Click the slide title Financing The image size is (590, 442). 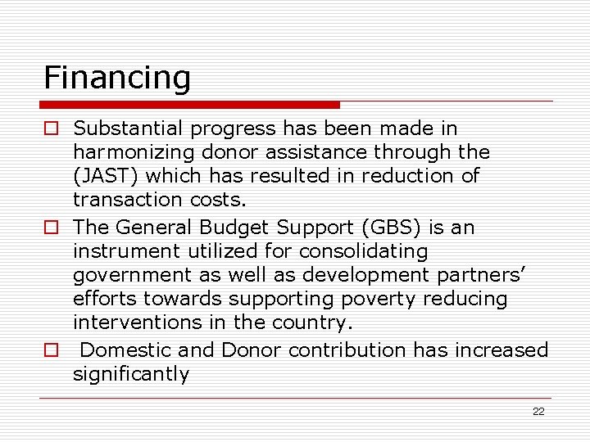[117, 78]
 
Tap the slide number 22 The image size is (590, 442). [538, 412]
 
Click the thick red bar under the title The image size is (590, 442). [189, 105]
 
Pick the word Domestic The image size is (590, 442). [126, 350]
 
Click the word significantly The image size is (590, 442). [131, 375]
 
